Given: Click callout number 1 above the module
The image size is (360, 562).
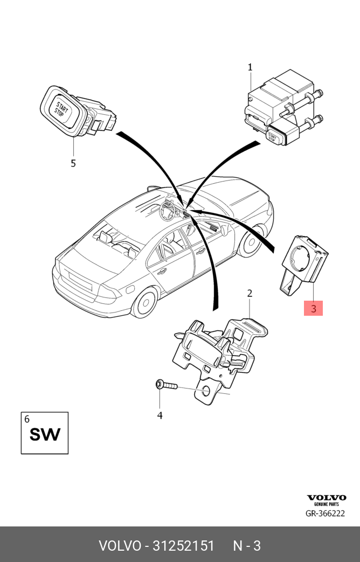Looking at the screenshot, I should pos(250,67).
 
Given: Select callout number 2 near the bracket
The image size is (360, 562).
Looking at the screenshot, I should pos(250,294).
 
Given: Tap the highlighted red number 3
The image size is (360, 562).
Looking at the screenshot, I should pos(314,309).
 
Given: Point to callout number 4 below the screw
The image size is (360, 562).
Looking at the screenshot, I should pos(160,415).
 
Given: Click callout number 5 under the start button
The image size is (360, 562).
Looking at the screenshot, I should pos(73,163).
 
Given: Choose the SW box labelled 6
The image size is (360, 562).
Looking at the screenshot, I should pos(45,433).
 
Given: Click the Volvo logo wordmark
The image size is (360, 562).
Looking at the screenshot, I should pos(326,498).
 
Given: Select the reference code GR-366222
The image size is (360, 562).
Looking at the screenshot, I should pos(325,514).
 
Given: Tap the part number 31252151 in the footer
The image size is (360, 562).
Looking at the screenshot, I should pos(184,546).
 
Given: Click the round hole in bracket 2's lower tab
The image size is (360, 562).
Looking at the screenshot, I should pos(207,392).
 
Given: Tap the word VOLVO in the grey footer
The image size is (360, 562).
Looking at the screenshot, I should pos(119,546).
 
